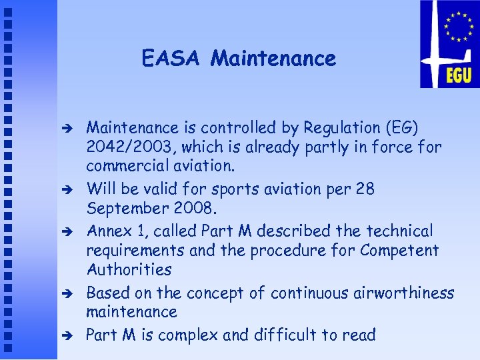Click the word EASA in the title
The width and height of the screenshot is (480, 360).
tap(170, 59)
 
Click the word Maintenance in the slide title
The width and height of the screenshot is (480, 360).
tap(273, 59)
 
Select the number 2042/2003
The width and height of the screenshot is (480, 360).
tap(129, 147)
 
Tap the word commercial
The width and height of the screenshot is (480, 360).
tap(127, 166)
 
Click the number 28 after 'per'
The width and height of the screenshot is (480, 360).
tap(365, 189)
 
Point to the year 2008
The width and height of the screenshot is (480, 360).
tap(195, 208)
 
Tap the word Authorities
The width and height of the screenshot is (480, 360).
tap(129, 270)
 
